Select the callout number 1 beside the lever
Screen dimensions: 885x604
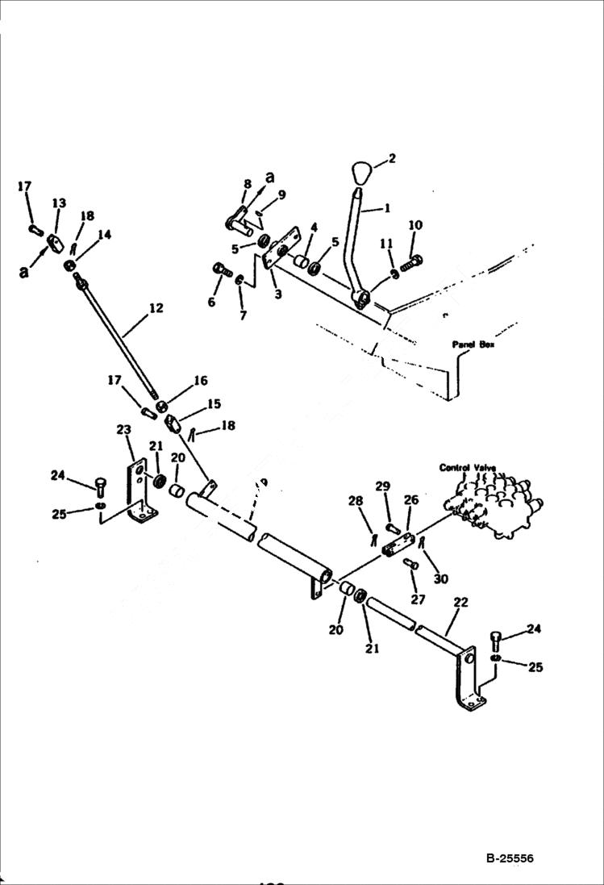pyautogui.click(x=387, y=207)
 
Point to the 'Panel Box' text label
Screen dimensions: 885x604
pyautogui.click(x=474, y=344)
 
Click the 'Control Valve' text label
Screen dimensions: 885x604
pyautogui.click(x=467, y=468)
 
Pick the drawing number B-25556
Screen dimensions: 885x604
pyautogui.click(x=510, y=859)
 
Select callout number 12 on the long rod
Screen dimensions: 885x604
pyautogui.click(x=156, y=308)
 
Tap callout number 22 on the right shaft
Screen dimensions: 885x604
pyautogui.click(x=460, y=603)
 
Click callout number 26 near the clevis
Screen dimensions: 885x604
pyautogui.click(x=410, y=500)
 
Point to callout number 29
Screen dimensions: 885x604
pyautogui.click(x=382, y=486)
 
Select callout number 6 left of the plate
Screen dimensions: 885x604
pyautogui.click(x=212, y=302)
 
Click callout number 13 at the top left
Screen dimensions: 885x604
pyautogui.click(x=59, y=202)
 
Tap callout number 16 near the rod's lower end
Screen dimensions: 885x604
pyautogui.click(x=200, y=381)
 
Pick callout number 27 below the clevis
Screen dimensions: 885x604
pyautogui.click(x=418, y=599)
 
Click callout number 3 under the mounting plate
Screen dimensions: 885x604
pyautogui.click(x=277, y=294)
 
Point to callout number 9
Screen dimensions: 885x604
pyautogui.click(x=281, y=194)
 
